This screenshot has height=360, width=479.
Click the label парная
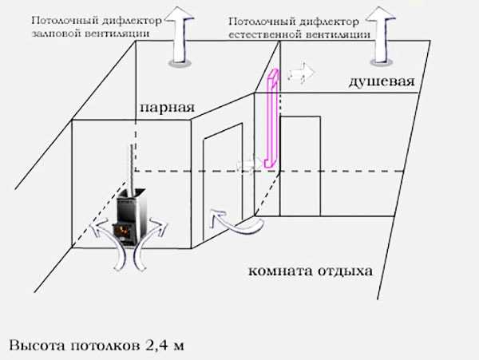pyautogui.click(x=165, y=107)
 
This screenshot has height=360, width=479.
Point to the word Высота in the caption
pyautogui.click(x=37, y=346)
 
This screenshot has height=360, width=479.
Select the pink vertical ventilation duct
pyautogui.click(x=270, y=120)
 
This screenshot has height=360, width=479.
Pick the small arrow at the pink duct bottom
pyautogui.click(x=247, y=164)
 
